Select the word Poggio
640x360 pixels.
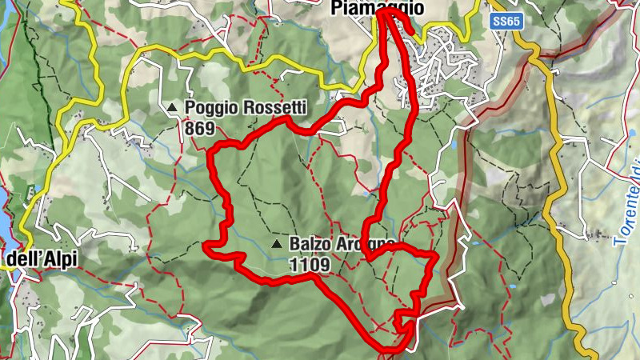click(x=210, y=107)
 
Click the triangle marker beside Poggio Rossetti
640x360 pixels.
click(x=172, y=106)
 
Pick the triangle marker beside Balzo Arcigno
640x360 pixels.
click(x=277, y=243)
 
